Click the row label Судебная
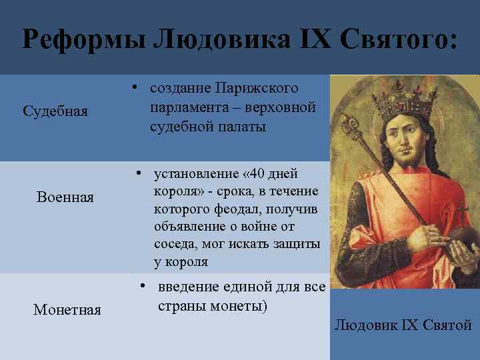[55, 111]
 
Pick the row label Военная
[65, 197]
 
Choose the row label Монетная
[67, 309]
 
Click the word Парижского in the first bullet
[258, 89]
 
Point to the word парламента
[189, 107]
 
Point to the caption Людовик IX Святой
[403, 325]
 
